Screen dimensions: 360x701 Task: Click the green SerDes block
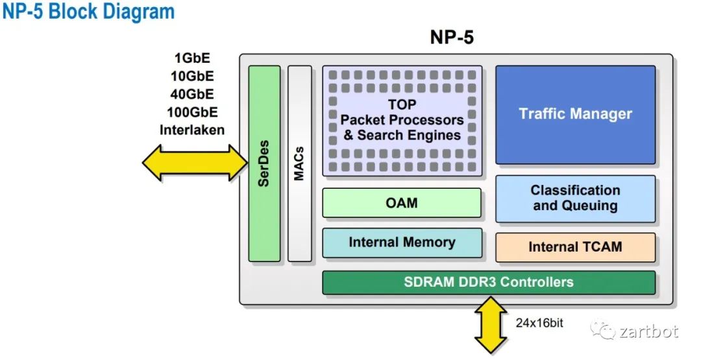coord(264,163)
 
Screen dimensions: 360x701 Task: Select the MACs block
coord(299,163)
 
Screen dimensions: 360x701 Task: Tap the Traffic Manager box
coord(575,114)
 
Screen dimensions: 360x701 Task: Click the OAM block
coord(402,203)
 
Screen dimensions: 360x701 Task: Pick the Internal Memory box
coord(402,243)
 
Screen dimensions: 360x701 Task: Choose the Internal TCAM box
coord(575,247)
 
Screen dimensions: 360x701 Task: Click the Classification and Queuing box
coord(575,198)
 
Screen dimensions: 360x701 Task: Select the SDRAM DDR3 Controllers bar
coord(489,282)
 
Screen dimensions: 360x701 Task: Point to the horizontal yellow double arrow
coord(195,162)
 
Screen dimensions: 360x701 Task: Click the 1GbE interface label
coord(191,58)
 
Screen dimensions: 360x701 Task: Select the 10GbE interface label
coord(191,76)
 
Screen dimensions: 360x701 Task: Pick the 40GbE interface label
coord(191,94)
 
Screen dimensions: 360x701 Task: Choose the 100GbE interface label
coord(191,112)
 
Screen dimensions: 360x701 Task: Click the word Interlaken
coord(191,130)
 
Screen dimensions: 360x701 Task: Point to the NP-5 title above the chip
coord(452,38)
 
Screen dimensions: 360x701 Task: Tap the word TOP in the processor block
coord(402,104)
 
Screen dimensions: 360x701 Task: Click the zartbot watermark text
coord(648,332)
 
